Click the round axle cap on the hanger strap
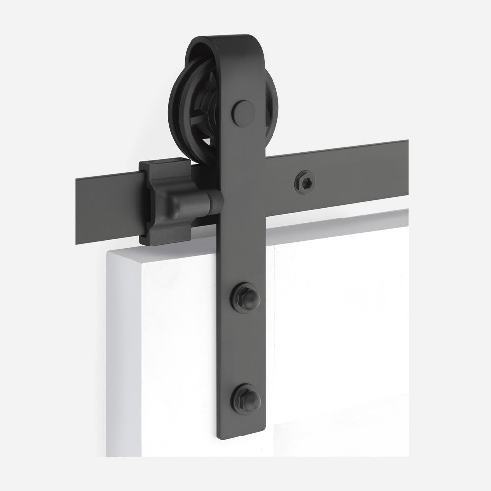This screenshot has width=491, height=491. [x=244, y=113]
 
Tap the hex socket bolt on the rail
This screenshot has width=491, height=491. [x=304, y=183]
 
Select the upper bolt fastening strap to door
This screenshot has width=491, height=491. [x=245, y=298]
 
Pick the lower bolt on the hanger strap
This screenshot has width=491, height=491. [x=245, y=399]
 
